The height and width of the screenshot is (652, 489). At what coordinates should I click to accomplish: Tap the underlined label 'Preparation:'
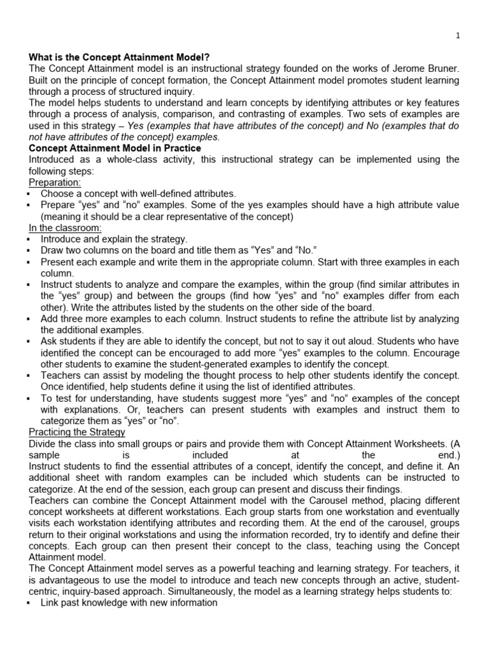tap(55, 182)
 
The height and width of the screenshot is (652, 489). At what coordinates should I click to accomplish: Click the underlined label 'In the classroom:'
tap(66, 228)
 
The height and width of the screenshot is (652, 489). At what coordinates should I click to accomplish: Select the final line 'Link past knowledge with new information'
tap(129, 603)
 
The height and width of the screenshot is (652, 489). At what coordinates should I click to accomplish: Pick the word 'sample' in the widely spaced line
tap(44, 455)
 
